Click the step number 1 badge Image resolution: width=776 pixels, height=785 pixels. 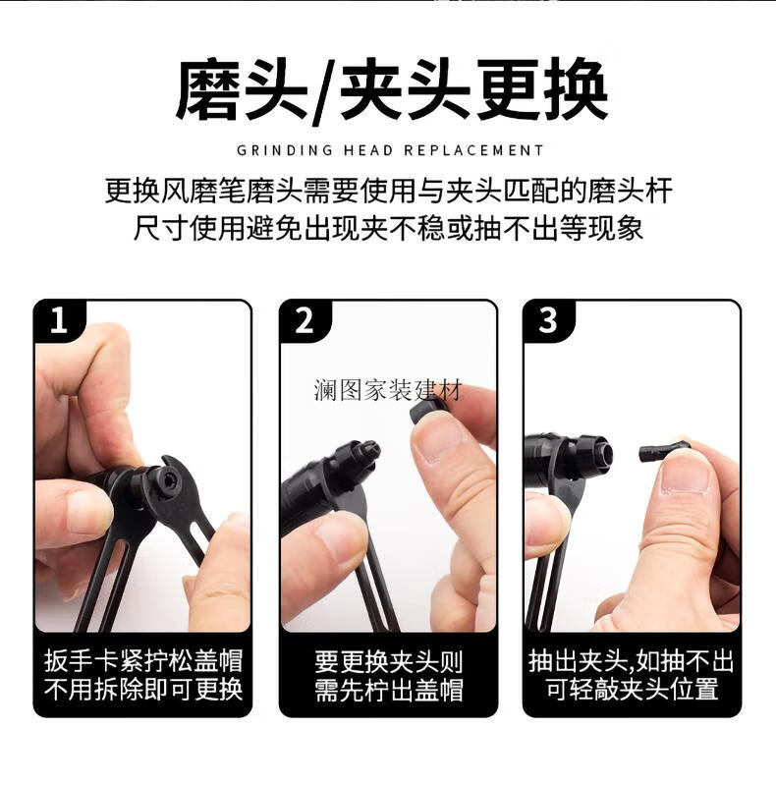(x=59, y=321)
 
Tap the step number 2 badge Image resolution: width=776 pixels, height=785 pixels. (x=304, y=321)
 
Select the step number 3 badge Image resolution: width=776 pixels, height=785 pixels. (x=548, y=321)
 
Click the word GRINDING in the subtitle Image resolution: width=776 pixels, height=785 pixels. (x=285, y=150)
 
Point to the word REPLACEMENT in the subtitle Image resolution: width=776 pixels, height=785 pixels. (x=473, y=150)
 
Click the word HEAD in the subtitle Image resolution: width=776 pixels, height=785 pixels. (x=368, y=150)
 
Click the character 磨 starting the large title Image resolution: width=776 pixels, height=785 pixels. (x=206, y=89)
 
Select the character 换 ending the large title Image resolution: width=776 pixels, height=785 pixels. (x=577, y=89)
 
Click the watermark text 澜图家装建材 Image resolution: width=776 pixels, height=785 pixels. (x=387, y=390)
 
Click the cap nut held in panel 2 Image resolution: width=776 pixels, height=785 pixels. (x=428, y=412)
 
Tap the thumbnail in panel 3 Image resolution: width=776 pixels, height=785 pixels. (x=686, y=478)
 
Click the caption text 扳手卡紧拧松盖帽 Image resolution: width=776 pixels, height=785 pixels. (x=143, y=661)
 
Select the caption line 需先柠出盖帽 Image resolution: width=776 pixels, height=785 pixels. (x=389, y=690)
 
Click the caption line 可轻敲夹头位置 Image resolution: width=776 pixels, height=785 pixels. (x=632, y=689)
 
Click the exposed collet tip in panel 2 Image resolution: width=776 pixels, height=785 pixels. (x=369, y=450)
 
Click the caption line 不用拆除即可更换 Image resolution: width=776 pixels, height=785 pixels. (x=143, y=690)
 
